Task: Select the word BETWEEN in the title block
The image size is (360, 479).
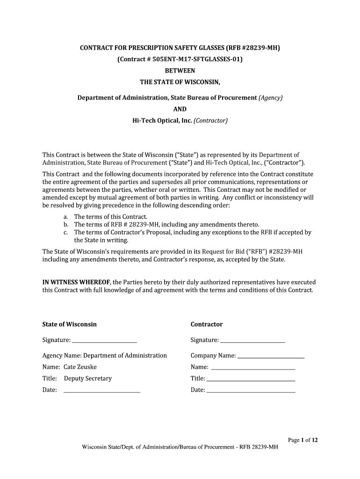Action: tap(180, 71)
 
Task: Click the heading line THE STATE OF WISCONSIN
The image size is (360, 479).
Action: tap(180, 82)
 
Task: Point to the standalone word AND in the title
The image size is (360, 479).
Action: tap(180, 109)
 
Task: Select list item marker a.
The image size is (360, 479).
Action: tap(66, 217)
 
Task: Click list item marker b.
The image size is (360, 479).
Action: tap(66, 225)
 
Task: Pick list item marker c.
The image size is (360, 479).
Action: tap(66, 232)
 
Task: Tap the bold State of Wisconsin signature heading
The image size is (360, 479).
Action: tap(70, 324)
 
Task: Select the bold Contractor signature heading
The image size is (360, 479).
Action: tap(207, 324)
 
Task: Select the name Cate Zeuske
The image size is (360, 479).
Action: tap(80, 367)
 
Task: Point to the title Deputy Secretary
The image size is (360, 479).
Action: tap(88, 378)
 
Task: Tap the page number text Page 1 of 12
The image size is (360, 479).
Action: tap(303, 440)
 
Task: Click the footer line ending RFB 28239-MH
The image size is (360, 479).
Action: tap(180, 447)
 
